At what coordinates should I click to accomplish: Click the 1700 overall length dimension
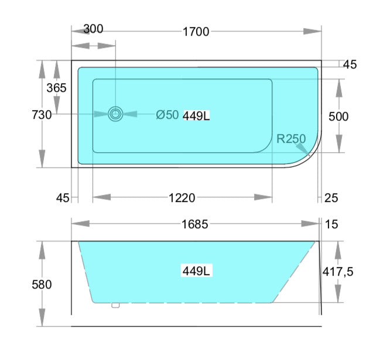click(196, 32)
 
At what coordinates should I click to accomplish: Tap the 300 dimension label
click(93, 29)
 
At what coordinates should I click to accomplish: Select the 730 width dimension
click(42, 115)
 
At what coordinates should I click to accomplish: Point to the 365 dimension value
click(57, 88)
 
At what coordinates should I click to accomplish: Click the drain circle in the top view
click(115, 114)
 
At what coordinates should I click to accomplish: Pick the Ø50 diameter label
click(167, 115)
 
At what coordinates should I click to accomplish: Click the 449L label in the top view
click(196, 115)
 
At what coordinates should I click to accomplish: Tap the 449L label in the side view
click(196, 271)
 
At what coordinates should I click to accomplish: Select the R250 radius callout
click(291, 139)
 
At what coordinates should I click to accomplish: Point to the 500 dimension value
click(338, 116)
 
